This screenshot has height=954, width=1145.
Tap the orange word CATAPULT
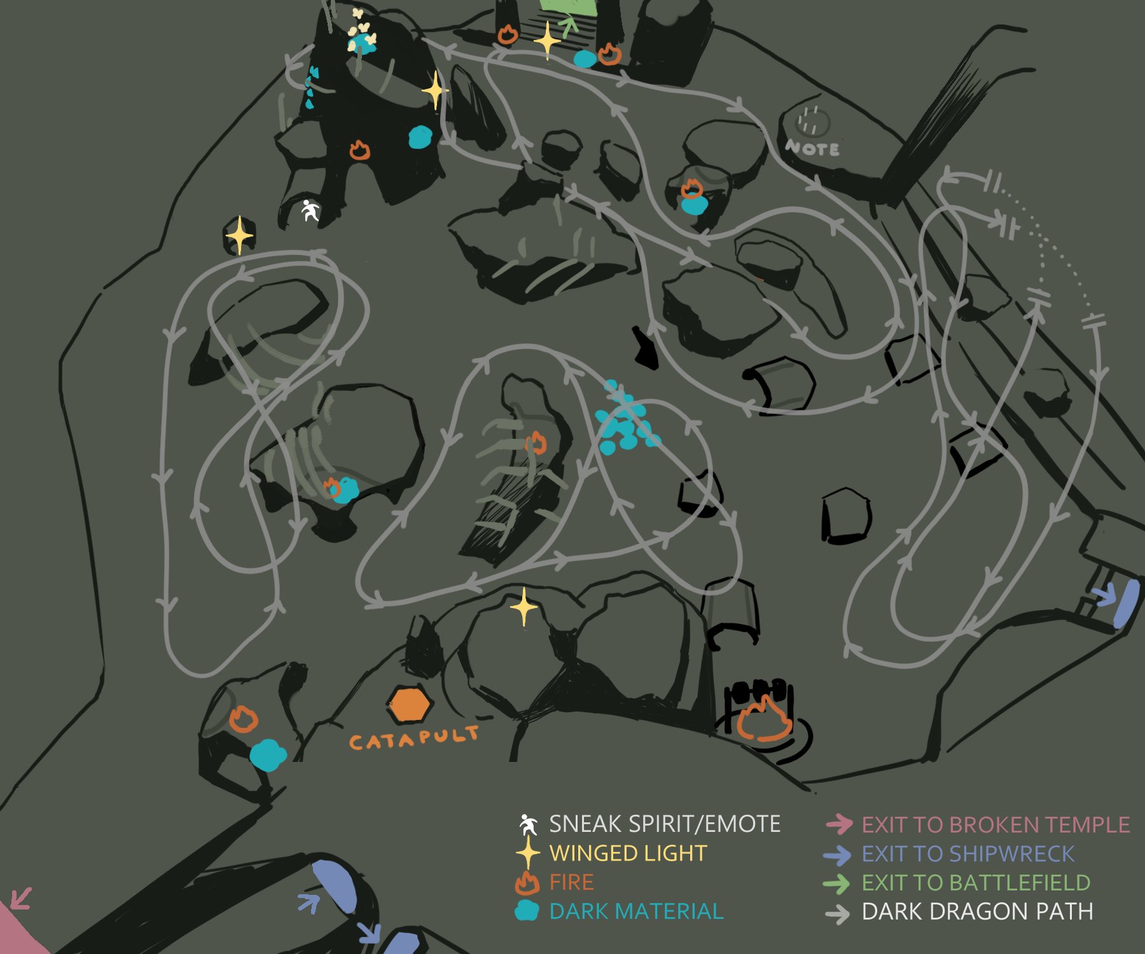413,738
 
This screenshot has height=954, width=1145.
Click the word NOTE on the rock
812,149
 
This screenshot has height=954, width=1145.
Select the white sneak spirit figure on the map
310,211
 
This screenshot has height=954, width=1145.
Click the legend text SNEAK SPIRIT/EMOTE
664,824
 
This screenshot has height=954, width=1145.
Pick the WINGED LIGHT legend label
628,853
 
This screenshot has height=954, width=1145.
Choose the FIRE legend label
571,882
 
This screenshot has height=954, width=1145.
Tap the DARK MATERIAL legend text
636,911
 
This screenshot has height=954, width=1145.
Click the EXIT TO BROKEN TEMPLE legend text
996,825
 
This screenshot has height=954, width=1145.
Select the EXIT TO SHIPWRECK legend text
968,854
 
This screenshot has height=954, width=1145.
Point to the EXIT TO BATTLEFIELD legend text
976,883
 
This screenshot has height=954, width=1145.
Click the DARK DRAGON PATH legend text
977,911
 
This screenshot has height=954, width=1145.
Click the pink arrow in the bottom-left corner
20,898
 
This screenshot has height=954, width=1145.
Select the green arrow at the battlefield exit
567,26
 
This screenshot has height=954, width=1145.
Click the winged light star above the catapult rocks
524,607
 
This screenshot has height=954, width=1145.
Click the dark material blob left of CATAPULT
268,755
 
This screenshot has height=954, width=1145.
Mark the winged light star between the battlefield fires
547,41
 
